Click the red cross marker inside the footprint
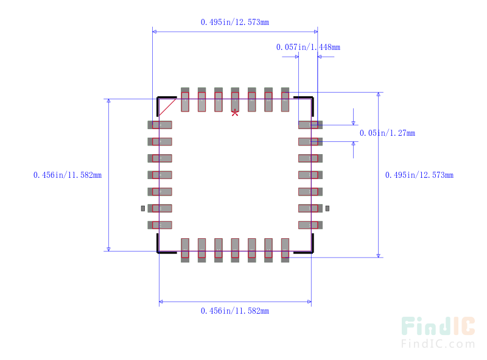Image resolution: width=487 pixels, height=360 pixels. click(x=235, y=113)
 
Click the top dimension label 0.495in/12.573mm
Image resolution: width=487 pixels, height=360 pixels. click(x=235, y=22)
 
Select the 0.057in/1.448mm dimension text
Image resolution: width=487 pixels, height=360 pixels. click(x=307, y=47)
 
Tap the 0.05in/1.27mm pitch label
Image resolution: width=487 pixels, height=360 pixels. click(x=387, y=133)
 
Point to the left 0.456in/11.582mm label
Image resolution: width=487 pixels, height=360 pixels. click(x=67, y=175)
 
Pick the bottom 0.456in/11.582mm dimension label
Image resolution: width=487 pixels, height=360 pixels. click(x=235, y=311)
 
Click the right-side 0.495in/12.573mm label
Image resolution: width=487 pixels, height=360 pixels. click(x=419, y=175)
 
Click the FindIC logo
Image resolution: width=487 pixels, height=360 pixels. click(x=438, y=333)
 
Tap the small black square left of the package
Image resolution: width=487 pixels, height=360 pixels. click(x=143, y=208)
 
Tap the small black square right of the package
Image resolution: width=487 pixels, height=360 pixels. click(x=327, y=208)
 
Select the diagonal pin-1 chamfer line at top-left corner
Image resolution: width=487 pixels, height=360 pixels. click(x=168, y=107)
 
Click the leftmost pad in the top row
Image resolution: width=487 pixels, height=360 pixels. click(x=185, y=100)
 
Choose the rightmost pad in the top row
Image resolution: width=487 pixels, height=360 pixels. click(x=285, y=100)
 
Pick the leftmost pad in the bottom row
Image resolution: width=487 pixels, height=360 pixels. click(x=185, y=250)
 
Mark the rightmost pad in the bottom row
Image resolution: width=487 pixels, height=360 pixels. click(x=285, y=250)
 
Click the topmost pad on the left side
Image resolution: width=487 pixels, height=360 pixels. click(x=160, y=125)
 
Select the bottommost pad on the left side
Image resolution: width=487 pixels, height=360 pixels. click(x=160, y=225)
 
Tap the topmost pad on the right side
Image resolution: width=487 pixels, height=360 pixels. click(x=310, y=125)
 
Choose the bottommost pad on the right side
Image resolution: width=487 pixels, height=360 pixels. click(x=310, y=225)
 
